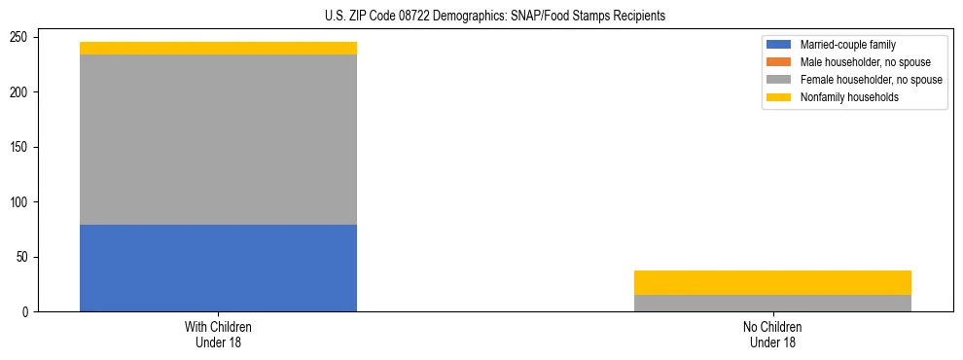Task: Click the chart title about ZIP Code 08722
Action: tap(495, 17)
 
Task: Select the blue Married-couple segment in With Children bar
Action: tap(218, 268)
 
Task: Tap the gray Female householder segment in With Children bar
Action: tap(218, 139)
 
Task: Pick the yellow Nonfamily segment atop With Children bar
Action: tap(218, 48)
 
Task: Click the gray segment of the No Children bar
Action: tap(772, 303)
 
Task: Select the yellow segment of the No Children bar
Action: tap(772, 282)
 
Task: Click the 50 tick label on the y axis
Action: tap(23, 258)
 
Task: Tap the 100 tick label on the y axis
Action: tap(20, 202)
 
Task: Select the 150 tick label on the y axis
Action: tap(20, 148)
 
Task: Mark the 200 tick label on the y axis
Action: tap(20, 92)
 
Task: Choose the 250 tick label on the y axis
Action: tap(20, 37)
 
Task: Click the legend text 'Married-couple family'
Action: tap(848, 45)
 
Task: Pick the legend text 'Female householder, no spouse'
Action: tap(871, 80)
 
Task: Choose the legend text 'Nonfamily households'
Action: tap(849, 97)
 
